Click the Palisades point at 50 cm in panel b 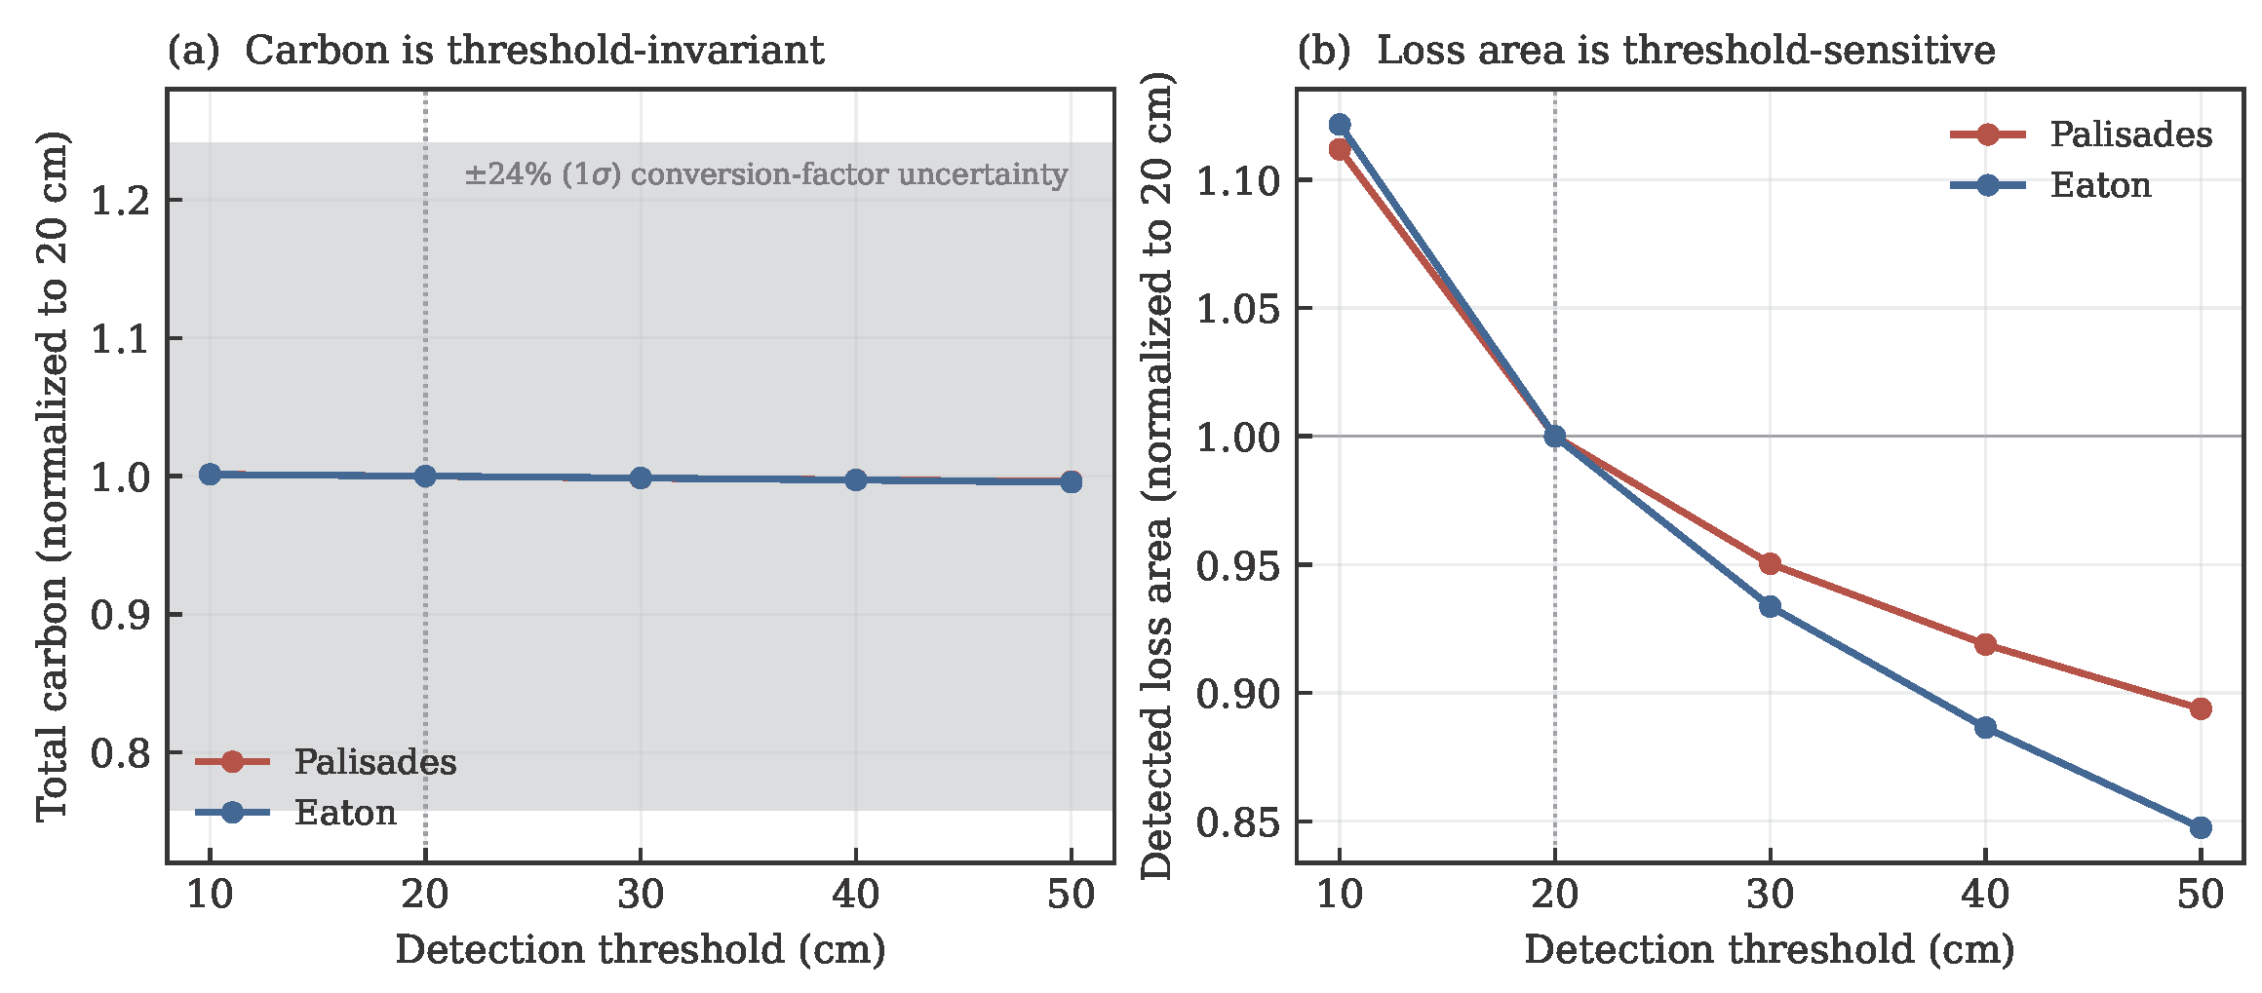coord(2201,708)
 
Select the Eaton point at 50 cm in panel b coord(2201,827)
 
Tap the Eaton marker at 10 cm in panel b coord(1340,125)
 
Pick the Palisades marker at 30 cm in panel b coord(1770,564)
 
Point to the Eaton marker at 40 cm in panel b coord(1985,728)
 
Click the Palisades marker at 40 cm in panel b coord(1985,644)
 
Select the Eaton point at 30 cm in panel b coord(1770,607)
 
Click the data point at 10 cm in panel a coord(210,474)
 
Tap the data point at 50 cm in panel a coord(1071,481)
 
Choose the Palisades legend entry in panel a coord(326,761)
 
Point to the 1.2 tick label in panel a coord(120,201)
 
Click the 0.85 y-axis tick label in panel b coord(1235,822)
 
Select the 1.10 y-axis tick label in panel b coord(1235,180)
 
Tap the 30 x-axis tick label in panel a coord(641,894)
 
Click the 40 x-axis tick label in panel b coord(1985,894)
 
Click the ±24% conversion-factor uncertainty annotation coord(766,174)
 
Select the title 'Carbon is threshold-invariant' coord(534,50)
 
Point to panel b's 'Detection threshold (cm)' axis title coord(1770,949)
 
